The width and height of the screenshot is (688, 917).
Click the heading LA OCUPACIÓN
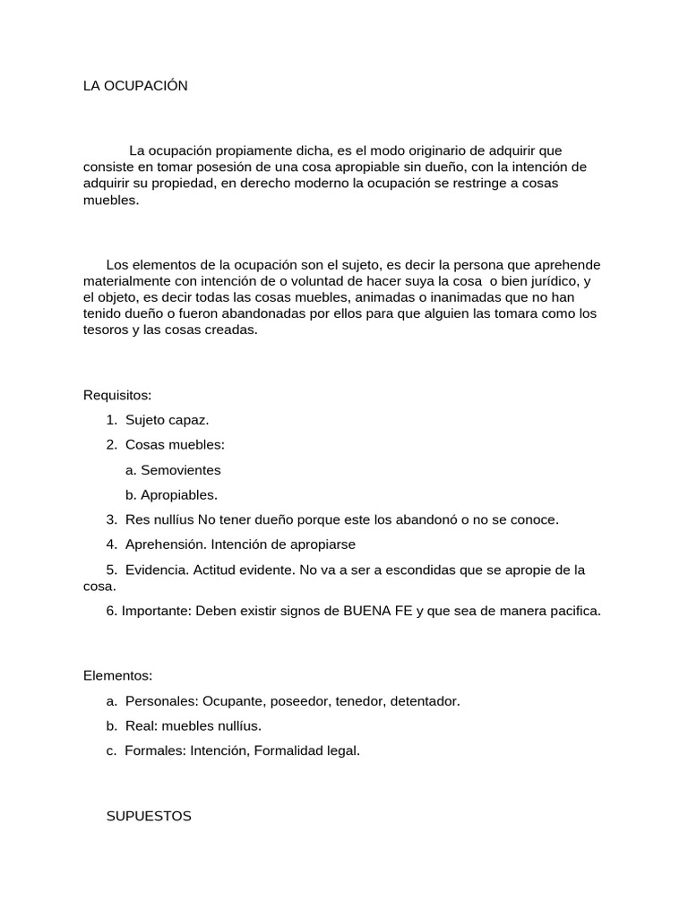[x=135, y=86]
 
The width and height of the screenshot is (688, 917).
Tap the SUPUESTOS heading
[x=149, y=817]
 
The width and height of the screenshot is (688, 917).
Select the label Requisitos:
[x=117, y=394]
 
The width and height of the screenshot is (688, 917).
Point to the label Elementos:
[x=118, y=675]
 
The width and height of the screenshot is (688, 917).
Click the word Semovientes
[x=180, y=469]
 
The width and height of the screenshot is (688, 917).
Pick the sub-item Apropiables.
[x=179, y=494]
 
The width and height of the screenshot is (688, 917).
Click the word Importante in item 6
[x=154, y=611]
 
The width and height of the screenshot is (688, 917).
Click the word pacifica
[x=571, y=611]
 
